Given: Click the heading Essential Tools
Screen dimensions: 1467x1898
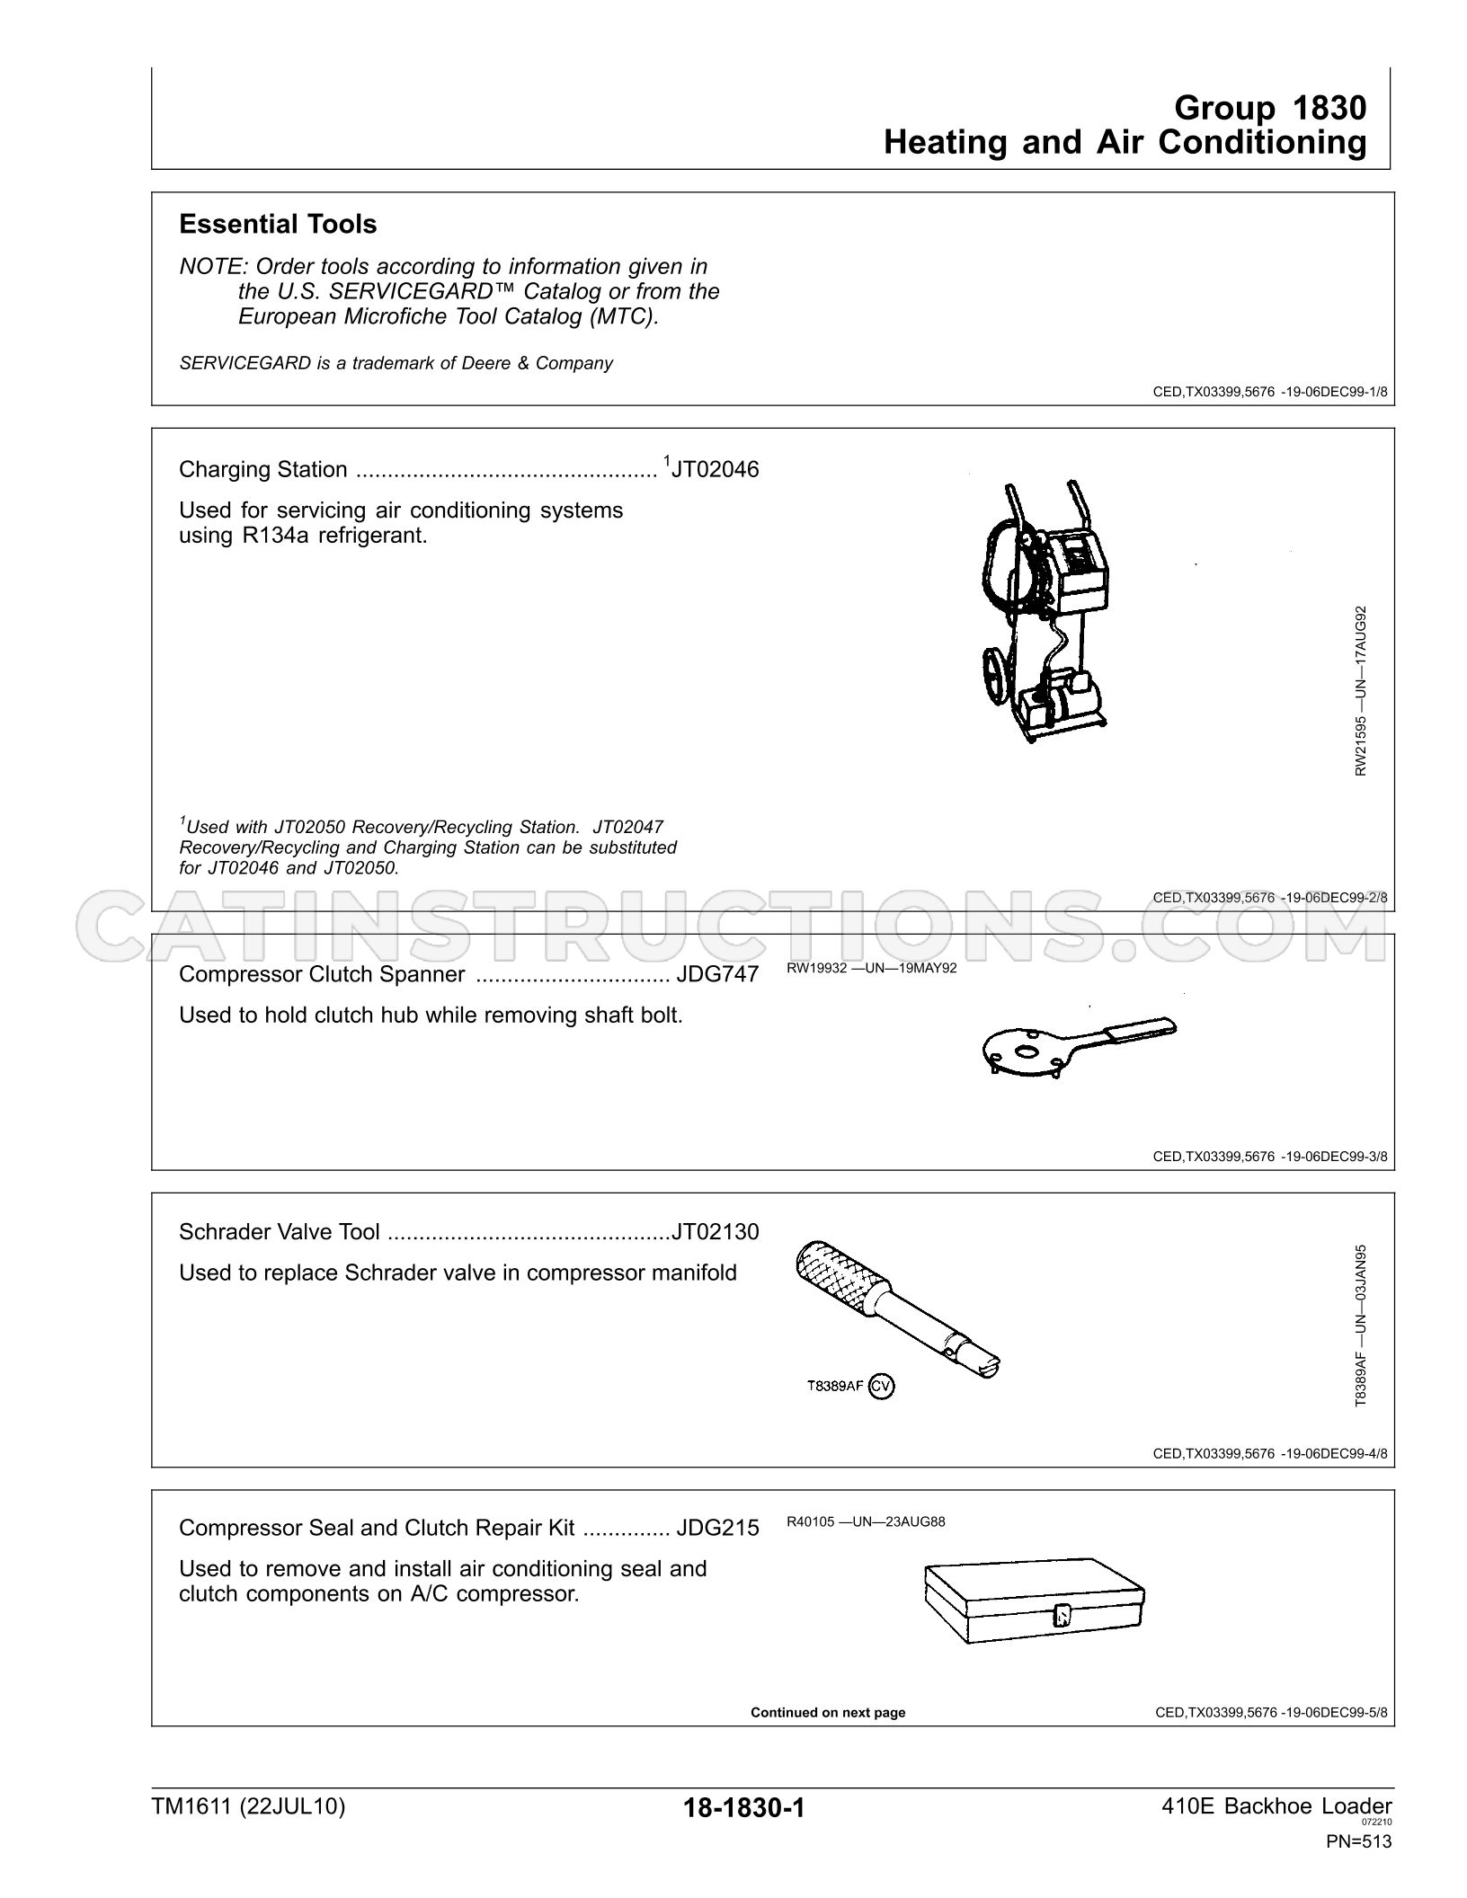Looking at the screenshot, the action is [278, 225].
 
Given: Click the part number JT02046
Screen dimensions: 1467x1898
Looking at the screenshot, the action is [715, 469].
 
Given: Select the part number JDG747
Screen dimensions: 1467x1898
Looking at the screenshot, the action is [717, 974].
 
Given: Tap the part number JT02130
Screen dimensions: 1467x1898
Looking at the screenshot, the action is [716, 1231].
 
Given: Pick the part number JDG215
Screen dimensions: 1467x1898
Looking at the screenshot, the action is [717, 1528].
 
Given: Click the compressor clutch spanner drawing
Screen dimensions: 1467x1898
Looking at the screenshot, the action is [1077, 1047].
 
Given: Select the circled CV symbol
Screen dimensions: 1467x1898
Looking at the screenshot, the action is [882, 1387].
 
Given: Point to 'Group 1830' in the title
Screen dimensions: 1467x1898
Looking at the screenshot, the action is [1270, 108].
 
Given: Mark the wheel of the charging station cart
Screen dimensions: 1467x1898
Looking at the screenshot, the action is [997, 675].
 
